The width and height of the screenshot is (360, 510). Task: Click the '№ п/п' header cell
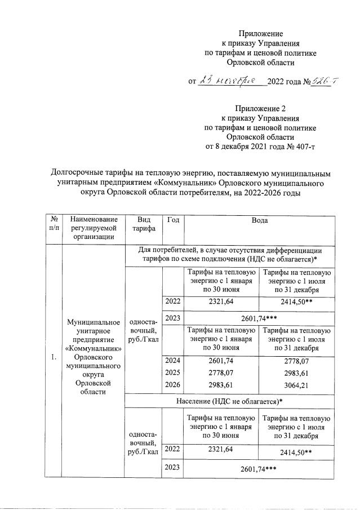(54, 224)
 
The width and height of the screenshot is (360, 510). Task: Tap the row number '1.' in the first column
(54, 357)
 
